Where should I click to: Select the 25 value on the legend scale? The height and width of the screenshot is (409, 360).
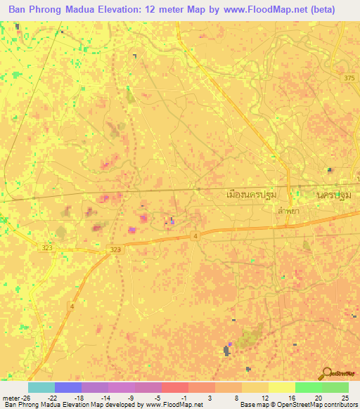[344, 397]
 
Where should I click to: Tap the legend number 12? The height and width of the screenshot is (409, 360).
[264, 397]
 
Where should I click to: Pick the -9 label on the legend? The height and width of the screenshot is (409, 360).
[131, 397]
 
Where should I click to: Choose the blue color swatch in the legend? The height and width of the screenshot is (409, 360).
[68, 387]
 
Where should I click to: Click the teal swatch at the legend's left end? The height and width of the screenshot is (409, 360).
[41, 387]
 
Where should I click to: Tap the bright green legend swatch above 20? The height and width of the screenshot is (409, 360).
[308, 387]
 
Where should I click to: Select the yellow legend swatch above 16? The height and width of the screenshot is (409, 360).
[281, 387]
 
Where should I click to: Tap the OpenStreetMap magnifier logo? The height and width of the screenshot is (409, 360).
[326, 373]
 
